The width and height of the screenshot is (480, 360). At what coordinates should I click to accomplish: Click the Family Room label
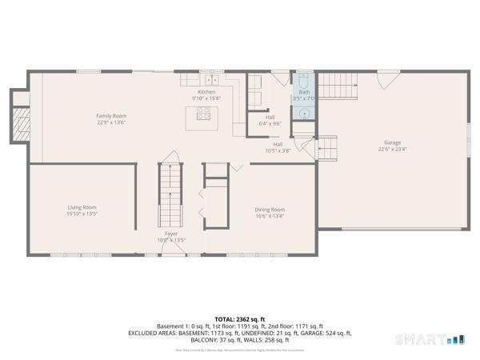click(111, 116)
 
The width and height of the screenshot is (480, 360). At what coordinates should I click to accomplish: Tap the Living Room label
click(82, 207)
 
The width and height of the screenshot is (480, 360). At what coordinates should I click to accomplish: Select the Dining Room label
click(270, 210)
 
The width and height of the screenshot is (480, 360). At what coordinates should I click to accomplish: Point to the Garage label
click(392, 144)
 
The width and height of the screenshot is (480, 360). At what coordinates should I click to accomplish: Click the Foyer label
click(171, 234)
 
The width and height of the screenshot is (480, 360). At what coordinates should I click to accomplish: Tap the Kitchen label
click(206, 92)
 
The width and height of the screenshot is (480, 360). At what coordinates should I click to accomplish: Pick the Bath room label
click(304, 92)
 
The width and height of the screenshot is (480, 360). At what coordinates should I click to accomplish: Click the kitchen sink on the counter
click(212, 80)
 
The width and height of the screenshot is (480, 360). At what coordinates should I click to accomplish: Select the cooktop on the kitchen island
click(203, 114)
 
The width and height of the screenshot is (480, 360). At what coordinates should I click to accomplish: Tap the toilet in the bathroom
click(304, 80)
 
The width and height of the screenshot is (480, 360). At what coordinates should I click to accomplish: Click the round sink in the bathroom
click(305, 113)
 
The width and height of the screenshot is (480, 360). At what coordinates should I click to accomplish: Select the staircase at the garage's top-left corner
click(338, 85)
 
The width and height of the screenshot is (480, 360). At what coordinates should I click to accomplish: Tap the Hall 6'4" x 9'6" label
click(270, 120)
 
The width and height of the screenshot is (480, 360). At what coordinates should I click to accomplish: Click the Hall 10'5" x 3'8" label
click(278, 147)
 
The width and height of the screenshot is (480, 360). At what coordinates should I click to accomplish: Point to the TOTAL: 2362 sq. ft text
click(240, 318)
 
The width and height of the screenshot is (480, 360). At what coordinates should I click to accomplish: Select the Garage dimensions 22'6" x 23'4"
click(392, 150)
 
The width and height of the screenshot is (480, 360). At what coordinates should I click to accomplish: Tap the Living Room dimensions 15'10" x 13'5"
click(82, 214)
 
